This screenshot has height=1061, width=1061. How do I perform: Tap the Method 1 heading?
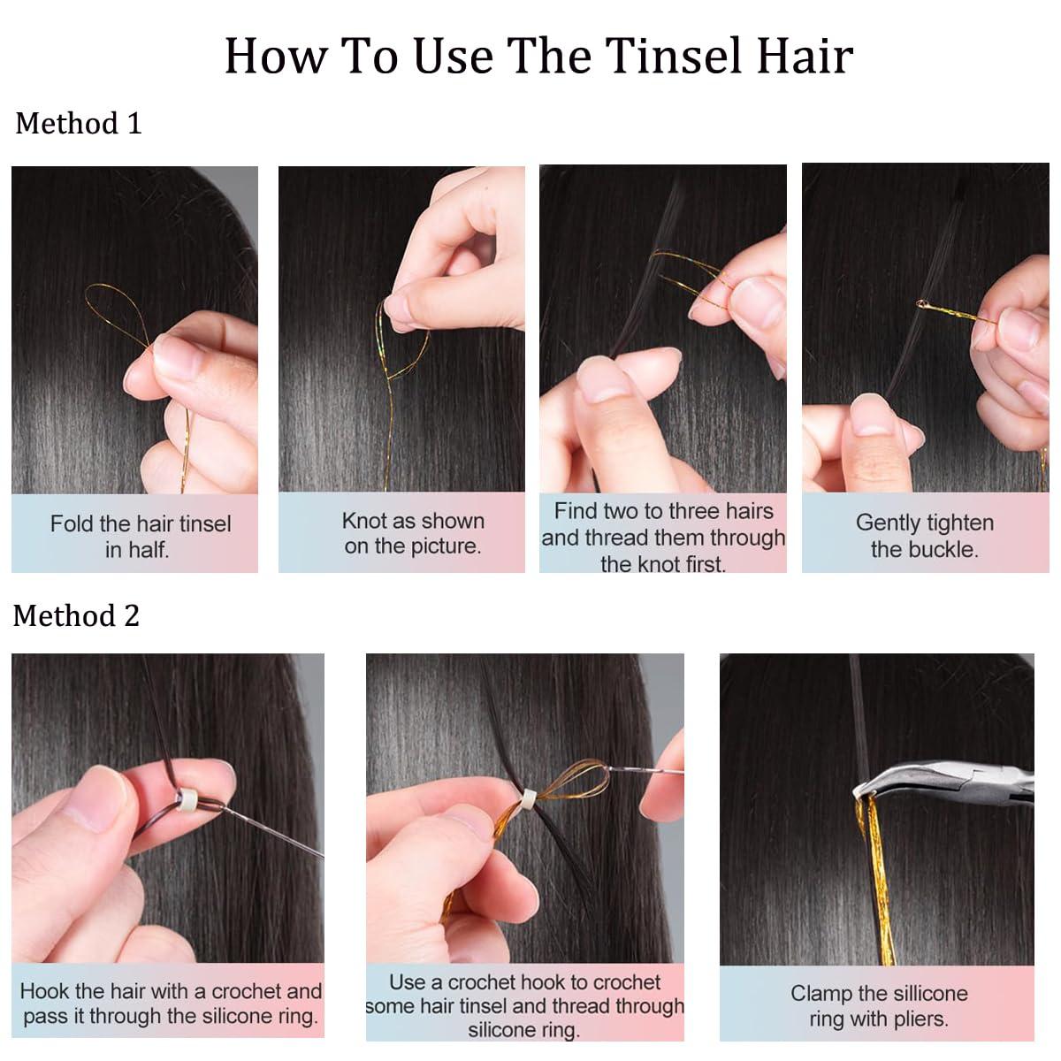tap(78, 123)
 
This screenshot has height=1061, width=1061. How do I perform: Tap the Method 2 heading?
tap(76, 615)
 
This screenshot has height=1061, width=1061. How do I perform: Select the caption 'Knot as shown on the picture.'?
tap(412, 533)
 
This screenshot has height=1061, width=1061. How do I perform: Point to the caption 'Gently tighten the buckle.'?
tap(924, 535)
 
